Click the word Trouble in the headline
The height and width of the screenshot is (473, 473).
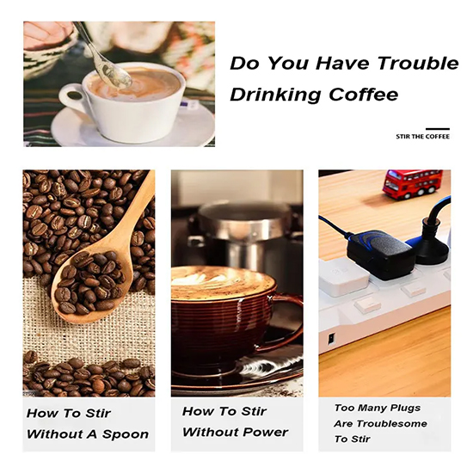pos(418,63)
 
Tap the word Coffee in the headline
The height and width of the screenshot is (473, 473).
pos(363,94)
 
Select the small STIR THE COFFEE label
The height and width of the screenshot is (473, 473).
pos(422,137)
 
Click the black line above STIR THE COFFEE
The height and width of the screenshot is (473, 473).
pos(438,129)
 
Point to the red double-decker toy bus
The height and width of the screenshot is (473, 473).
pos(412,184)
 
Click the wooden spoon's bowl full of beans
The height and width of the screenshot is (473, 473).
pos(91,286)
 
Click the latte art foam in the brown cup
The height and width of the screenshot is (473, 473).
pos(223,283)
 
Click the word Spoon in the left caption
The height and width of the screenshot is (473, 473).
pos(126,434)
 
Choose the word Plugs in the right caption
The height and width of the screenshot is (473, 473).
pos(405,408)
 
